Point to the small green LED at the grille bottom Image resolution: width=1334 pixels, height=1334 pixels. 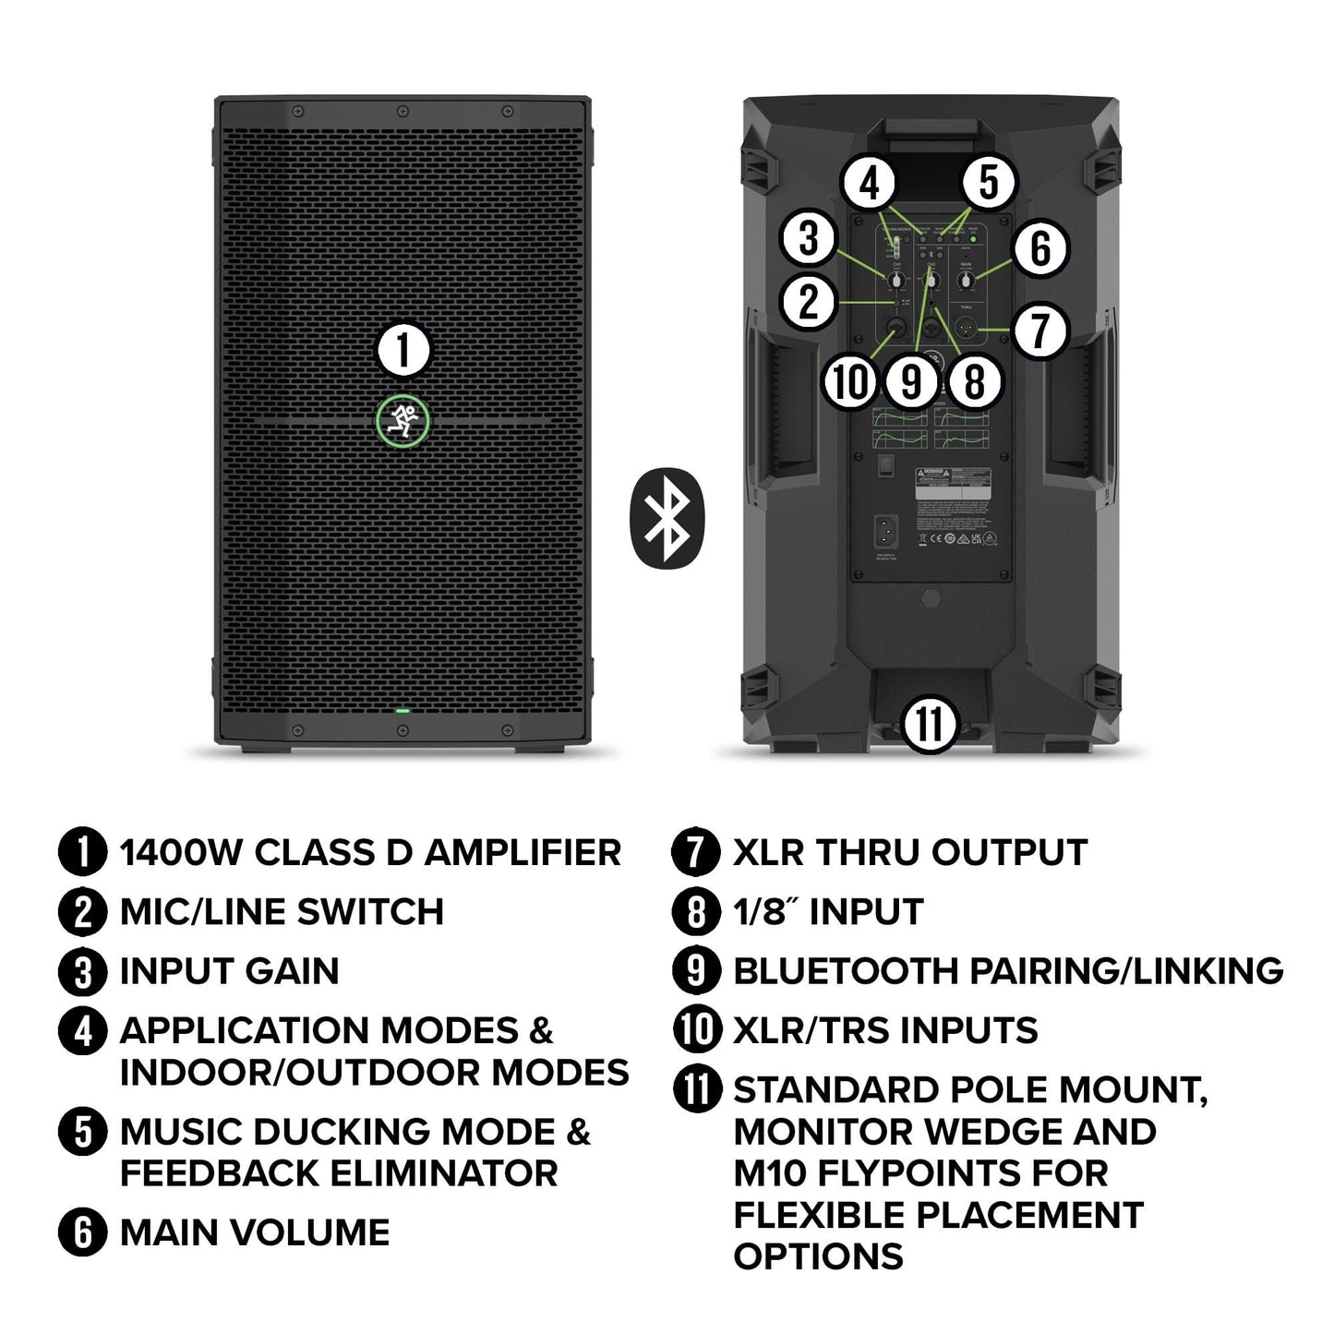point(403,711)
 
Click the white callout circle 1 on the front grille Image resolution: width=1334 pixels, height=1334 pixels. point(403,352)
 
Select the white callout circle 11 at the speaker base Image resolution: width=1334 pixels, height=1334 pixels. point(930,724)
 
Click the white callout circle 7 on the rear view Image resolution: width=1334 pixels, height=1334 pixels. point(1040,330)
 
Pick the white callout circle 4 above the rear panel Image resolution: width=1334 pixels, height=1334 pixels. point(871,183)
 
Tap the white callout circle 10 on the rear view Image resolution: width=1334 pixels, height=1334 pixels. point(849,379)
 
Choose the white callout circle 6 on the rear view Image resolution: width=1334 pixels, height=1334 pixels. point(1040,248)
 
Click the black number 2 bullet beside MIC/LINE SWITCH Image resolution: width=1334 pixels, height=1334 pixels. point(83,912)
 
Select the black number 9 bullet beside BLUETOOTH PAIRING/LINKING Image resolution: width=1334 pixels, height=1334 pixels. point(697,971)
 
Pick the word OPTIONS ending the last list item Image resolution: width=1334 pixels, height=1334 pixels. point(818,1256)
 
